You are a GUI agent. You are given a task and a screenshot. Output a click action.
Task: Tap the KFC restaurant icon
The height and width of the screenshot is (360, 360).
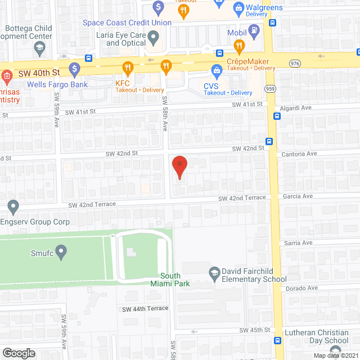coord(128,69)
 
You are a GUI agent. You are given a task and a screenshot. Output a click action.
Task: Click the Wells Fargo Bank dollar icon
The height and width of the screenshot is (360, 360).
coord(74,69)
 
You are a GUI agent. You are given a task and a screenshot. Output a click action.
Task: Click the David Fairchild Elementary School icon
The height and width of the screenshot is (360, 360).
coord(214,273)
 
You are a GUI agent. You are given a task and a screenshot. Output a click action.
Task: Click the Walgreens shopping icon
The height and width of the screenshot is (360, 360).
coord(237,8)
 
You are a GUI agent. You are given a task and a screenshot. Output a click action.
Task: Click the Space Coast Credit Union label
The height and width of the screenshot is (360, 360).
coord(127,23)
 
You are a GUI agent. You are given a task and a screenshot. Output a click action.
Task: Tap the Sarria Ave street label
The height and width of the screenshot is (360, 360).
coord(298,242)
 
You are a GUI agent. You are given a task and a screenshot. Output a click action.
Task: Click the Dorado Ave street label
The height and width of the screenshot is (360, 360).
coord(298,288)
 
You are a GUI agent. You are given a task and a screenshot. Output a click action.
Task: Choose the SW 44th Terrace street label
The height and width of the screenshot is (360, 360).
coord(145,309)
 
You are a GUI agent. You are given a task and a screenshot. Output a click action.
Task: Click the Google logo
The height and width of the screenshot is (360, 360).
coord(19,353)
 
